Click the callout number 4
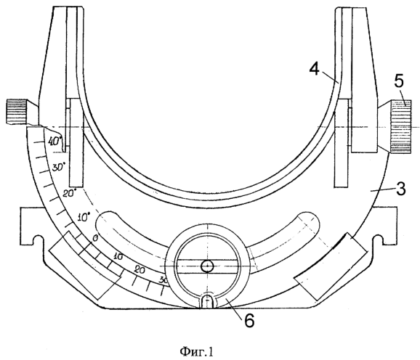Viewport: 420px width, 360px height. tap(315, 70)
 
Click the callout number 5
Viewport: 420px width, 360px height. tap(399, 81)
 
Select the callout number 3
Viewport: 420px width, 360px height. tap(400, 189)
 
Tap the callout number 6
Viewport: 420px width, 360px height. tap(249, 320)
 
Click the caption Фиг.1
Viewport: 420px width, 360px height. tap(197, 352)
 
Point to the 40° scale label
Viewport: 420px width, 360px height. tap(55, 141)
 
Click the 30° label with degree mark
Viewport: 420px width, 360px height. tap(59, 168)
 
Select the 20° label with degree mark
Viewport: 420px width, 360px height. tap(70, 193)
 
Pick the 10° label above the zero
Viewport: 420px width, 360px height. tap(84, 217)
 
